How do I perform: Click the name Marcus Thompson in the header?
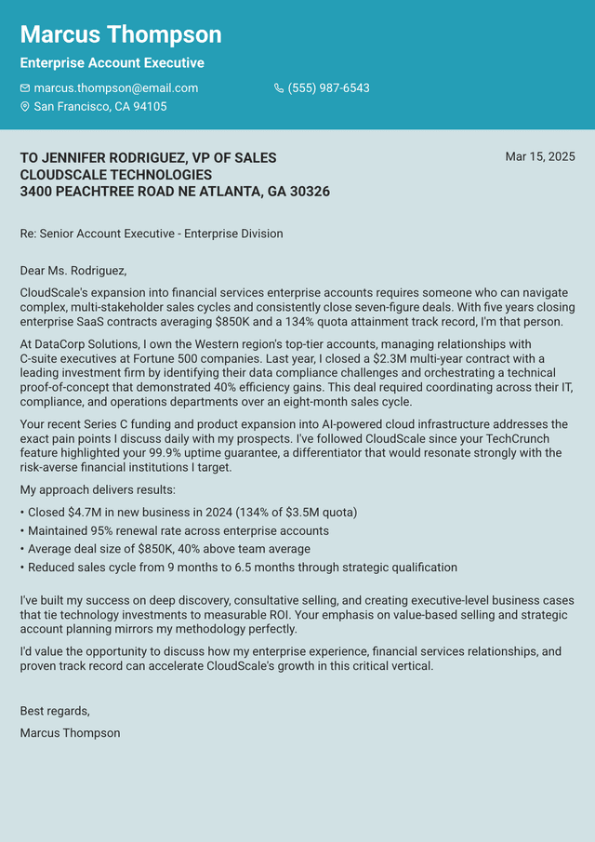tap(121, 35)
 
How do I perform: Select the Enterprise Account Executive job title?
tap(112, 63)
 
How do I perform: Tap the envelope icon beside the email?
tap(25, 88)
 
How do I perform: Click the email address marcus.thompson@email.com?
tap(115, 88)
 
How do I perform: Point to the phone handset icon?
tap(279, 88)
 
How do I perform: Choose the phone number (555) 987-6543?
tap(328, 88)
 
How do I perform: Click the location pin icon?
tap(25, 107)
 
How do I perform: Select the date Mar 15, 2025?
tap(539, 157)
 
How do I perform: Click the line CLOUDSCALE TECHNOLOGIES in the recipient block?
tap(115, 175)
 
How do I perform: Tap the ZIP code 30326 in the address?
tap(310, 192)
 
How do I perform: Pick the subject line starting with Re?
tap(151, 234)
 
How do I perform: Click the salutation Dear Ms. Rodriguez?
tap(73, 271)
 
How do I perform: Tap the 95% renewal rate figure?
tap(102, 530)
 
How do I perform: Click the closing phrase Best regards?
tap(55, 712)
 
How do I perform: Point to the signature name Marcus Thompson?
tap(70, 733)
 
